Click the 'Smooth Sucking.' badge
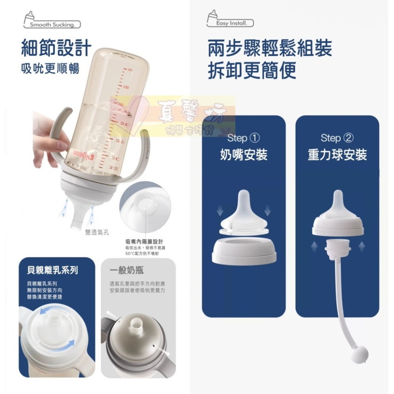pos(52,24)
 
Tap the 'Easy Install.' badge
pos(231,23)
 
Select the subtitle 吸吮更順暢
pos(50,69)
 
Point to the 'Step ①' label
pos(244,138)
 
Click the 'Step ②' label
pos(337,138)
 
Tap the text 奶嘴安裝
pos(244,155)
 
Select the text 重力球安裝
pos(337,155)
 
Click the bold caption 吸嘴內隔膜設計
pos(144,242)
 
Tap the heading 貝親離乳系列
pos(52,270)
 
